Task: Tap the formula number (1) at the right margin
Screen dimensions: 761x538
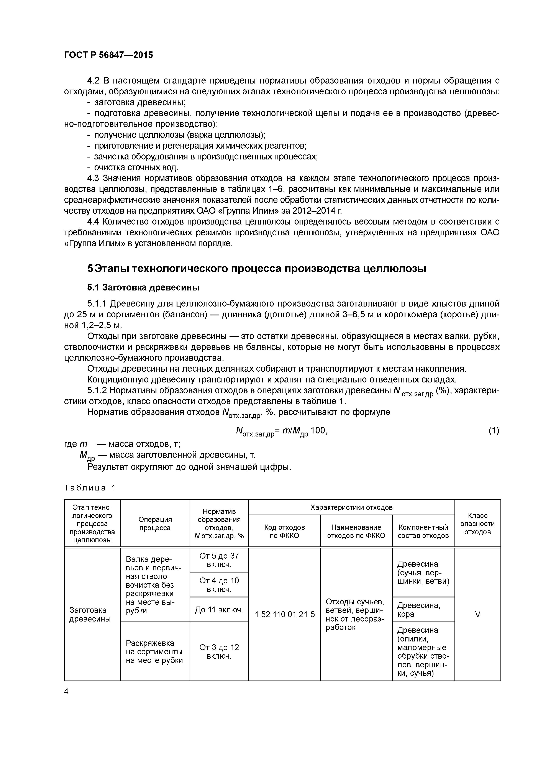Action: pyautogui.click(x=494, y=431)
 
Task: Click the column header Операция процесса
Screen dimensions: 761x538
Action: pyautogui.click(x=155, y=524)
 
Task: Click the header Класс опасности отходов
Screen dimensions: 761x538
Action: pyautogui.click(x=477, y=524)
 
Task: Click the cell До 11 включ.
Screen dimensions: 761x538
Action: pyautogui.click(x=219, y=610)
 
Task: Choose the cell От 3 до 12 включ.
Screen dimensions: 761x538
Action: pyautogui.click(x=219, y=652)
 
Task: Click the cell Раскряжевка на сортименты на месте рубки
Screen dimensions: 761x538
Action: pyautogui.click(x=154, y=652)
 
